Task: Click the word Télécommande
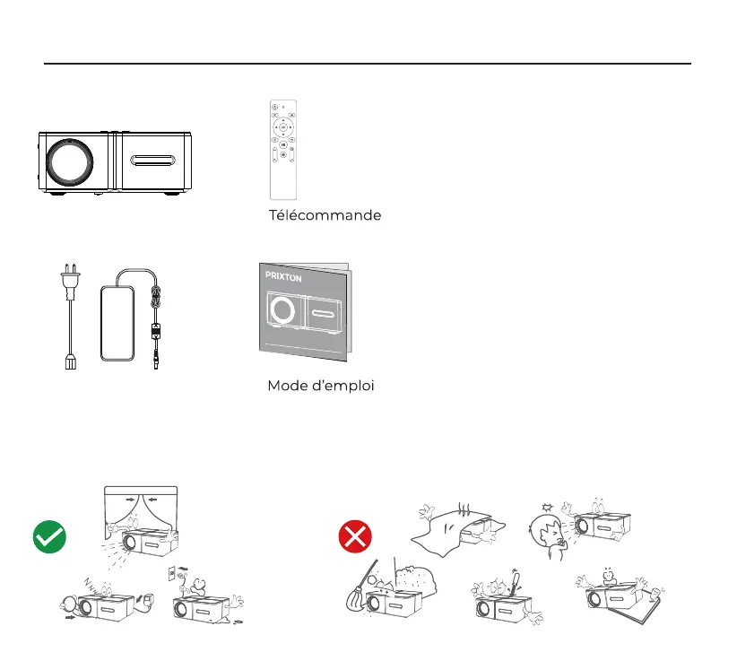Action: coord(325,215)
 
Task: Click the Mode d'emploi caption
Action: coord(320,386)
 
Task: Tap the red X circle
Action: coord(355,539)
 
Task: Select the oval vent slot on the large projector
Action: coord(158,161)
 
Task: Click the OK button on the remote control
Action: coord(282,127)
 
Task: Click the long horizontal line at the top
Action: coord(368,64)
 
